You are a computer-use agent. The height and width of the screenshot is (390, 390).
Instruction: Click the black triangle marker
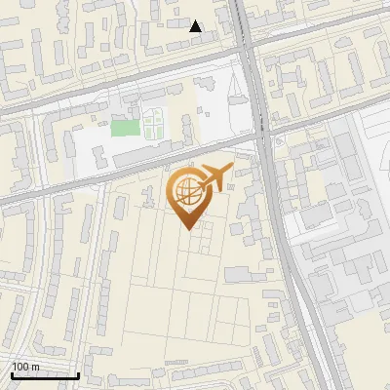196,26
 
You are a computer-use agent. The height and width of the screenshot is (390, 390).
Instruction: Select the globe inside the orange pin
187,191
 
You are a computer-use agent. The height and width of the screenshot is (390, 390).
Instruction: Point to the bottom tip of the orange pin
187,230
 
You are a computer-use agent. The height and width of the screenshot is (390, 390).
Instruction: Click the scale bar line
44,375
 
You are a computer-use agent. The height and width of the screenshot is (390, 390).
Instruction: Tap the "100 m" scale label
25,367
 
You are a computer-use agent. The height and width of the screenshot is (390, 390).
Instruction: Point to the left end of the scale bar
11,375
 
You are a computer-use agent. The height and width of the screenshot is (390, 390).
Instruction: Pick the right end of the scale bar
78,375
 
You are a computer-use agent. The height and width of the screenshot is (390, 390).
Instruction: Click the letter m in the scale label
35,367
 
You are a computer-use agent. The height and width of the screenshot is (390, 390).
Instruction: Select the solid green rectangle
125,127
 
